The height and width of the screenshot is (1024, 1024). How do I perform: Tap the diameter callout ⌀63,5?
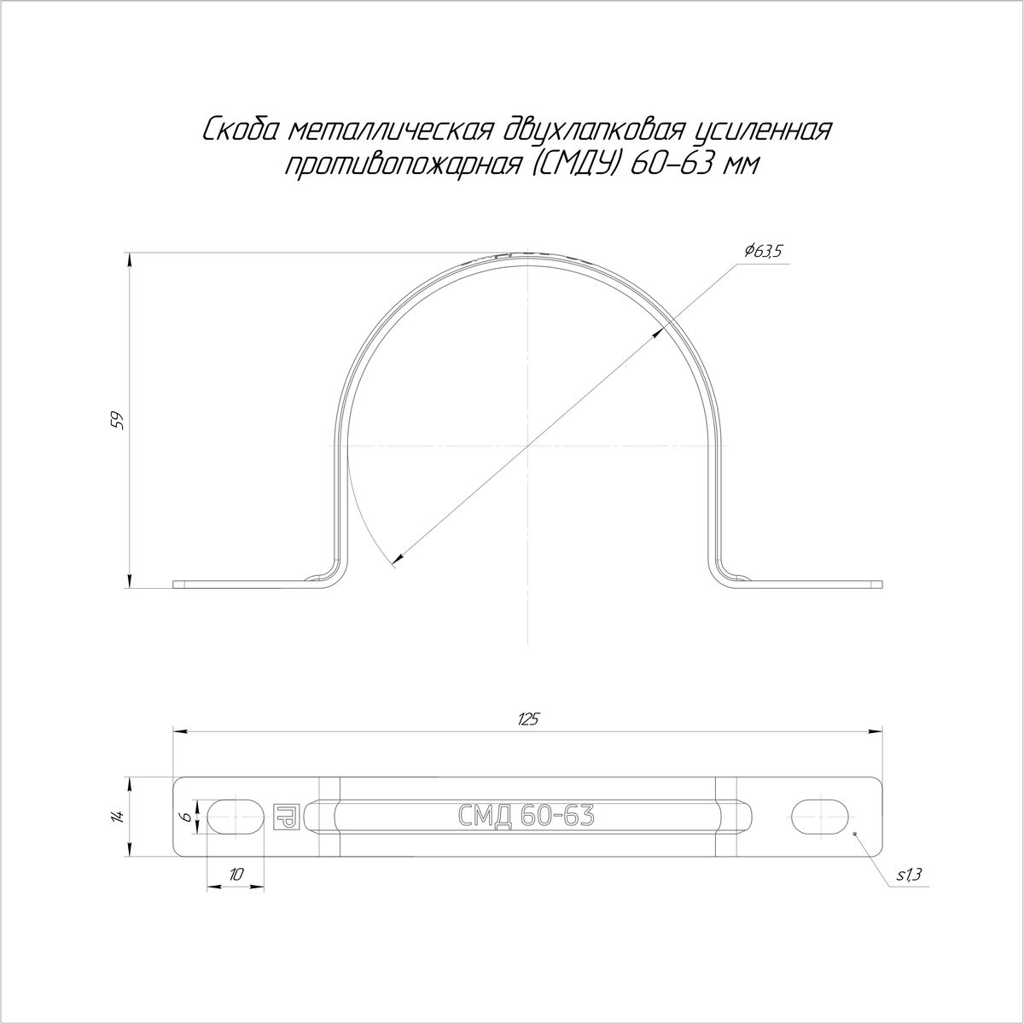(764, 252)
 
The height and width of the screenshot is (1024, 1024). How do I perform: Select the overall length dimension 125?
(528, 719)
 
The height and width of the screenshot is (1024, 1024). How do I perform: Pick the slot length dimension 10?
(237, 874)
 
